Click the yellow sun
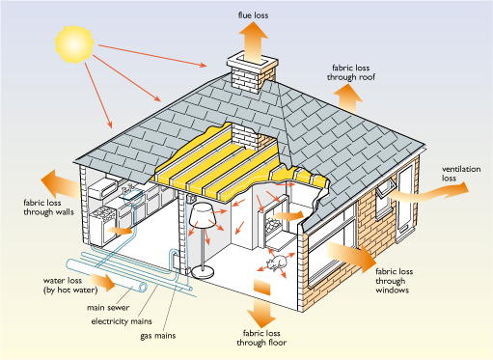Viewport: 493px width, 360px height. (74, 44)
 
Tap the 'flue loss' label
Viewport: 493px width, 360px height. (253, 15)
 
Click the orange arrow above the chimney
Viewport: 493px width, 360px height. (253, 42)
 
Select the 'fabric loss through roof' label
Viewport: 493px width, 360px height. (351, 72)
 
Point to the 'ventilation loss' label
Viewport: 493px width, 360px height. (461, 174)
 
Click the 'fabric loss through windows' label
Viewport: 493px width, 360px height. (394, 281)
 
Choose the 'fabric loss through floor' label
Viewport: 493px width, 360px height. (261, 338)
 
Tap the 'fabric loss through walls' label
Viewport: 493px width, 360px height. (48, 208)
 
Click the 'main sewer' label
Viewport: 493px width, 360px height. (108, 308)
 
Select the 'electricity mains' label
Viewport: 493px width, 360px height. (122, 321)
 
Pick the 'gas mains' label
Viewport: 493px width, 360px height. (158, 336)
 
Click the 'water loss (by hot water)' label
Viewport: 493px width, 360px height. (70, 285)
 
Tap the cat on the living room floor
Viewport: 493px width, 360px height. (277, 263)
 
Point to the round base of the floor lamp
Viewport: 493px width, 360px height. (203, 273)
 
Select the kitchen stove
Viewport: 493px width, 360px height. (102, 226)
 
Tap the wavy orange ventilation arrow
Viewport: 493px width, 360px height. (427, 192)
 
